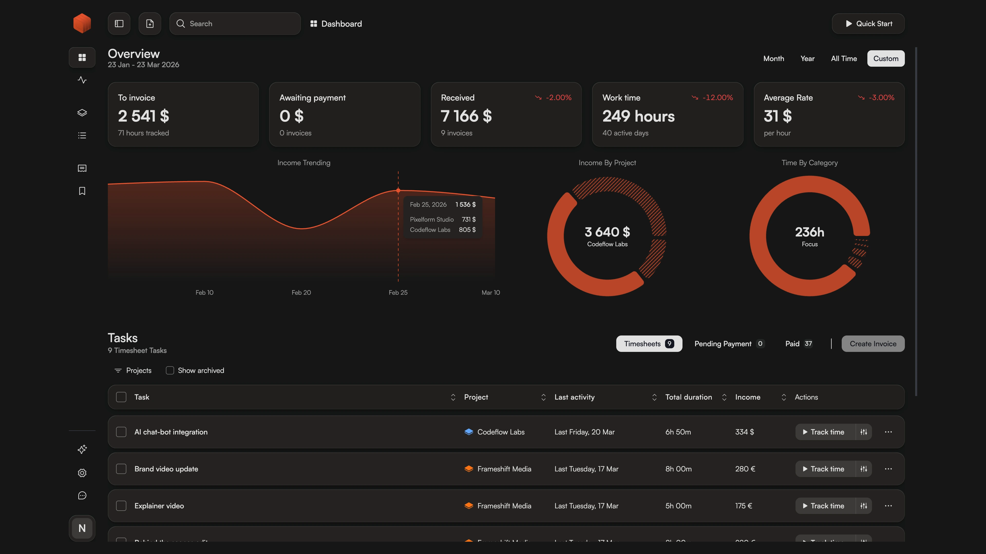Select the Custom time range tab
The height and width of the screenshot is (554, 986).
click(885, 58)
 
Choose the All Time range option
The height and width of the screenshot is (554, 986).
click(843, 58)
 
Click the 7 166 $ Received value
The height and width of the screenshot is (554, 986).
click(466, 116)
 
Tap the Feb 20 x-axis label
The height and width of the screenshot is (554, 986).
click(301, 292)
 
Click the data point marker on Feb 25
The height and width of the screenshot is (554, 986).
click(398, 190)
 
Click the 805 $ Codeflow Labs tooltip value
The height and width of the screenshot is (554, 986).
click(467, 230)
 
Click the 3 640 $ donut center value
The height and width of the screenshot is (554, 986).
click(607, 232)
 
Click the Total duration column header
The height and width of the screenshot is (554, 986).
click(688, 397)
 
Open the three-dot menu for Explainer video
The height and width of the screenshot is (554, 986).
click(888, 506)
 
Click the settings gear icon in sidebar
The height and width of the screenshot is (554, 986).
click(82, 473)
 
